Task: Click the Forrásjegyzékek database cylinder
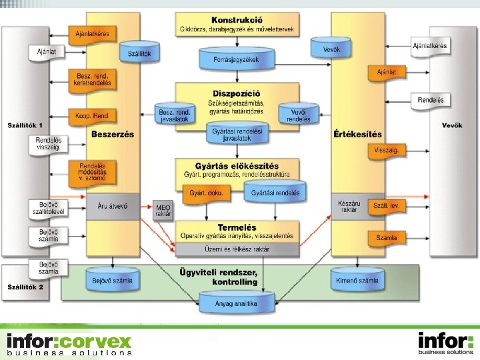pos(237,59)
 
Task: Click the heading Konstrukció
pos(237,20)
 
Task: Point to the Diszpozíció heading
pos(237,93)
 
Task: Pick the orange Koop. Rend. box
pos(92,115)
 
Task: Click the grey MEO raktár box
pos(163,211)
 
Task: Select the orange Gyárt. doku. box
pos(207,193)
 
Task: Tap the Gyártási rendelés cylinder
pos(275,193)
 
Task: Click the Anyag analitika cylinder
pos(238,303)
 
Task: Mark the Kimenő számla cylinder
pos(358,281)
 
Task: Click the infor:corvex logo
pos(69,343)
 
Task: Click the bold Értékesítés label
pos(358,134)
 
